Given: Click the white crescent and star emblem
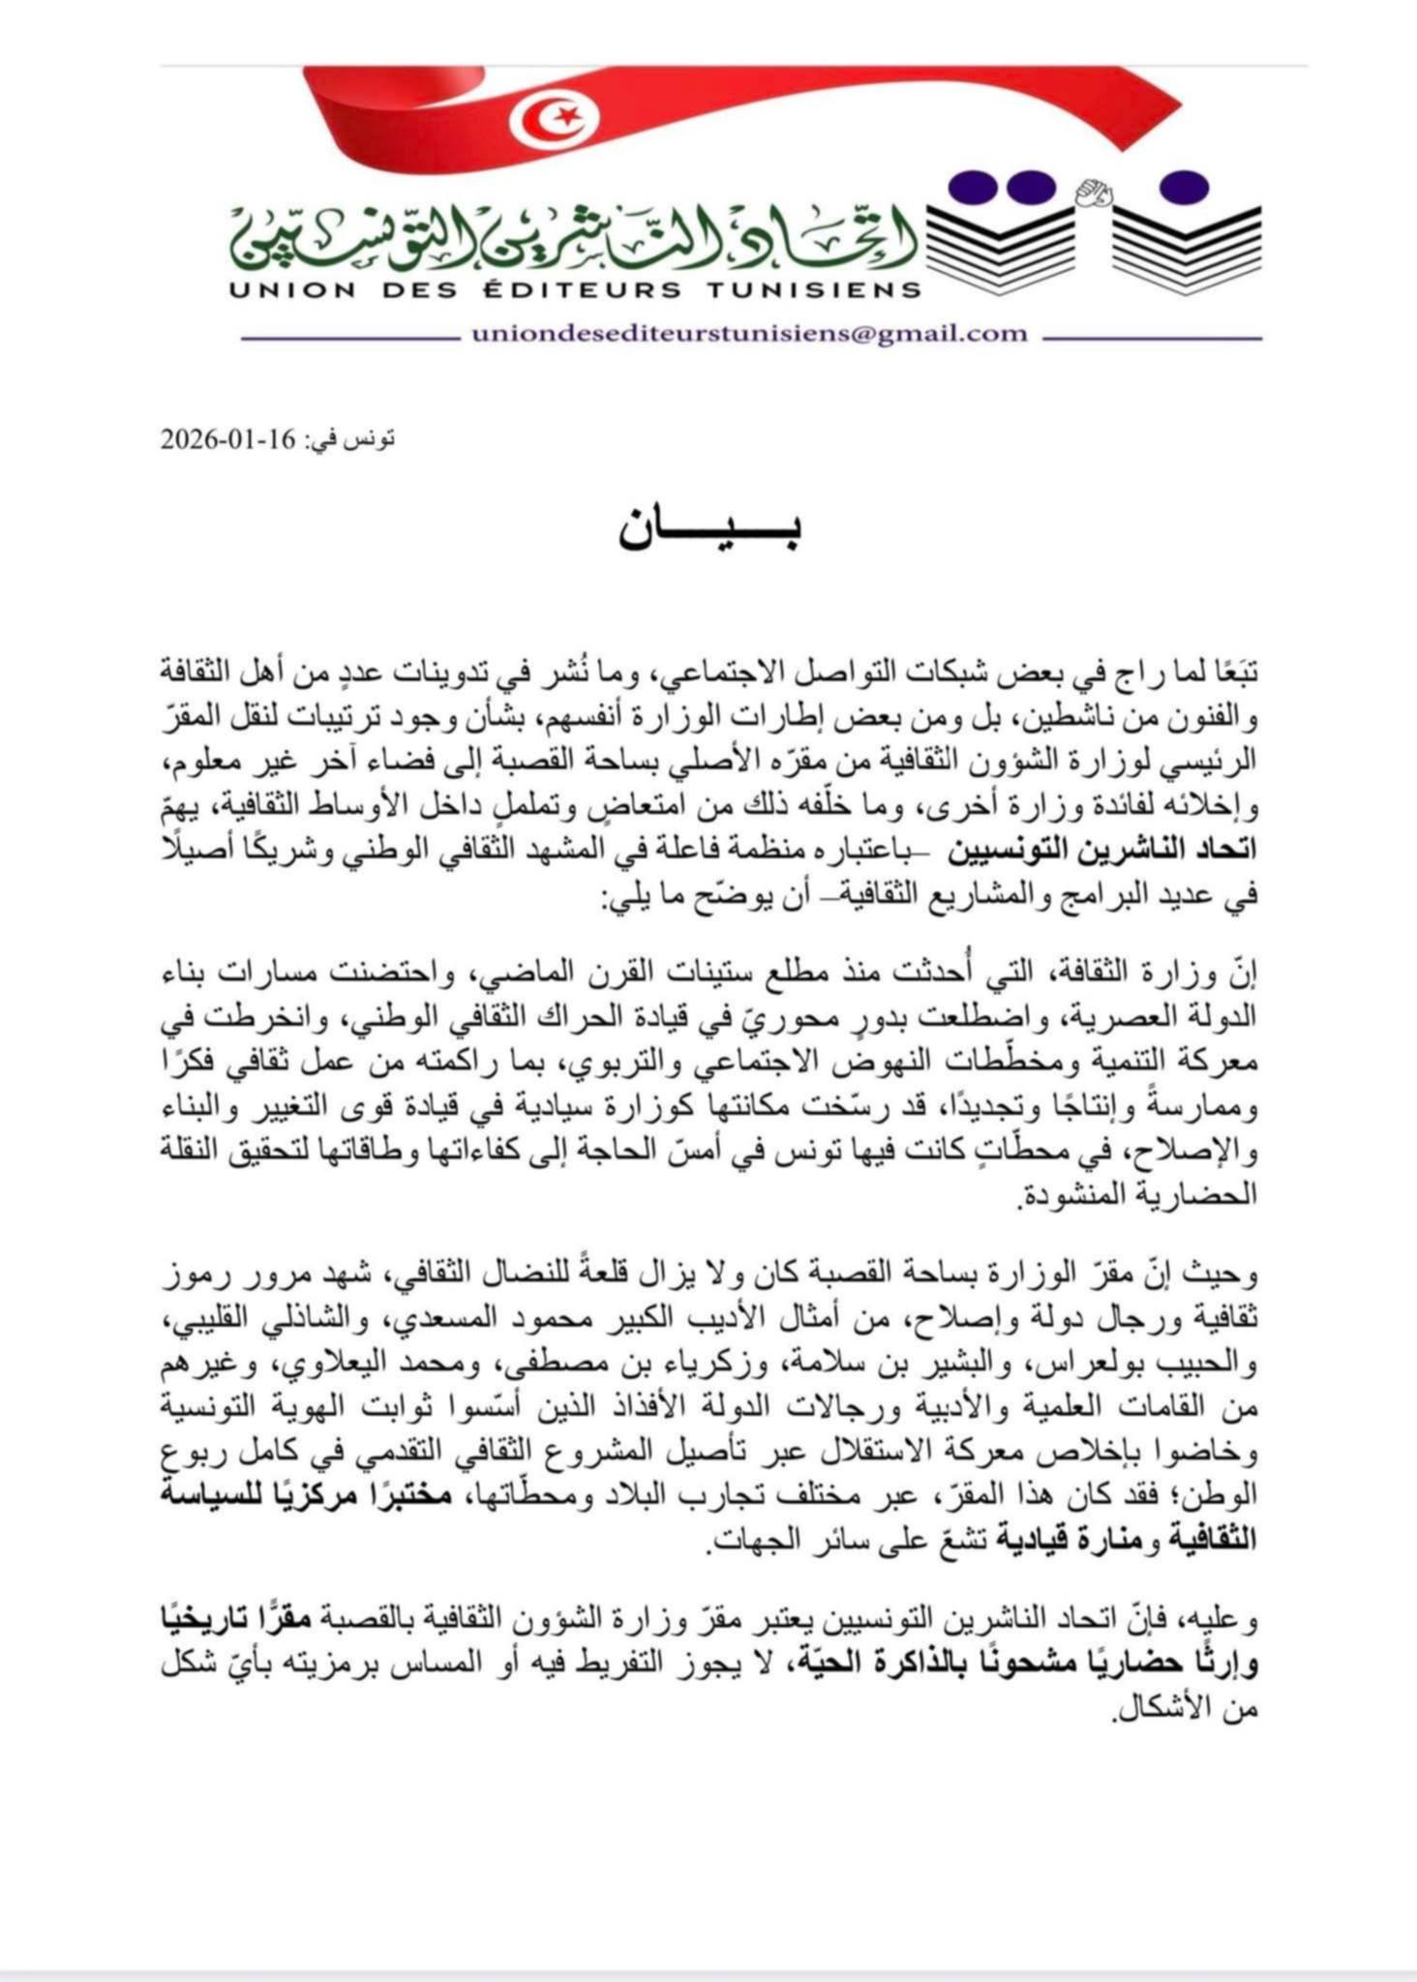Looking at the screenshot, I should [554, 117].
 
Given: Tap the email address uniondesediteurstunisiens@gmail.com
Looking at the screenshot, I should [749, 334].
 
